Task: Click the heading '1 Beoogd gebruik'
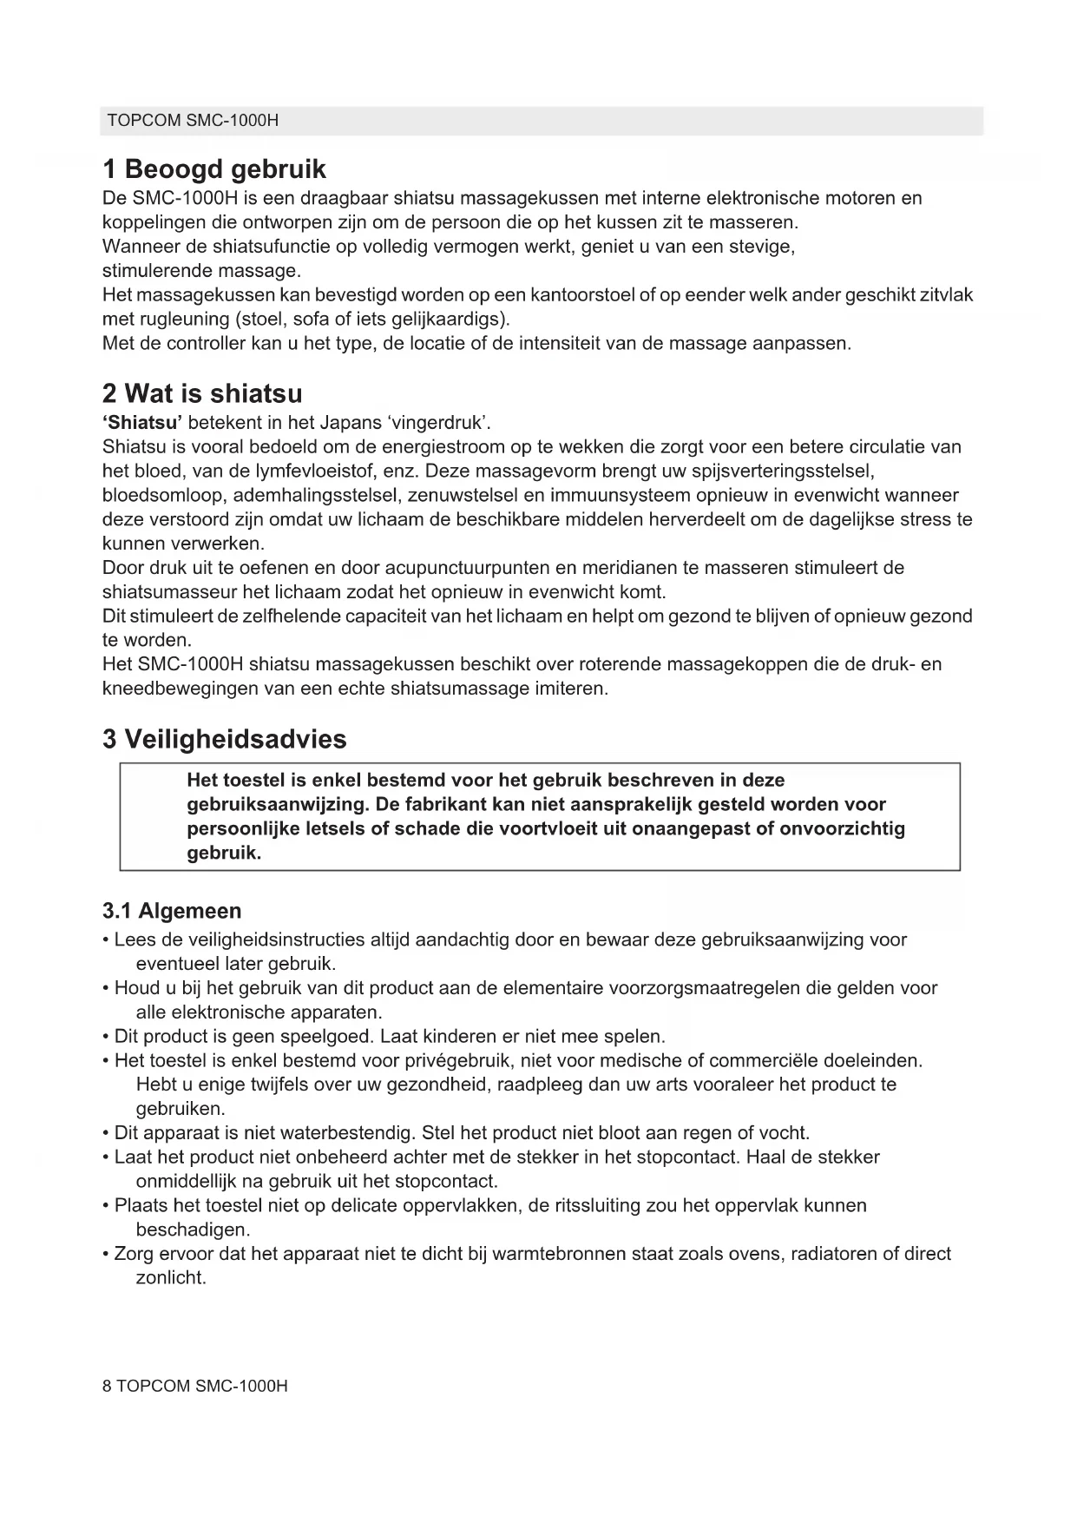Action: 214,168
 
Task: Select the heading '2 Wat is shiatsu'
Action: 202,393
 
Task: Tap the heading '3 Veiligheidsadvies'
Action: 224,739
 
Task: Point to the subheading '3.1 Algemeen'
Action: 172,911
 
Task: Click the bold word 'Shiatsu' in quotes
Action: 142,423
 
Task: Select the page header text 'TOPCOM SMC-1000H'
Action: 192,121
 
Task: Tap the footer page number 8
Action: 107,1386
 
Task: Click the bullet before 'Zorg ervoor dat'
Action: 106,1254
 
